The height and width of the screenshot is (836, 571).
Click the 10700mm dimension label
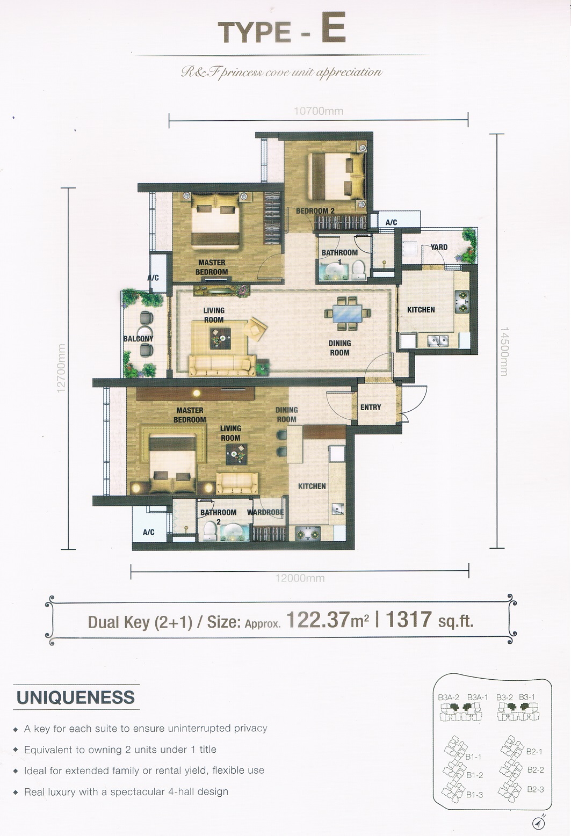[319, 111]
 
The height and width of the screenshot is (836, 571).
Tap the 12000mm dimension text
[300, 578]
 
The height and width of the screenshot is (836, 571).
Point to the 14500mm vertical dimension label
[504, 351]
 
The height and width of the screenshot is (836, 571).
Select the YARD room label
[439, 247]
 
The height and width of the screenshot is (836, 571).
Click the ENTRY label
[371, 407]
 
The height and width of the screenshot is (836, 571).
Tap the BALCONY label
[138, 338]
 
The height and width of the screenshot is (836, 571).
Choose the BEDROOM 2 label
[315, 211]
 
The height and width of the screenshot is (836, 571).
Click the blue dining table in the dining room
[348, 314]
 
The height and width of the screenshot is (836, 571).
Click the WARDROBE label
[265, 512]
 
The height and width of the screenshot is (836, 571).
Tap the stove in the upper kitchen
[462, 302]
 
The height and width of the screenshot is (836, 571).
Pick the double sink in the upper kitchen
[438, 340]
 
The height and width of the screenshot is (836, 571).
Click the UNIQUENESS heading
[76, 697]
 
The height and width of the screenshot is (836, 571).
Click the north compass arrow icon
[539, 822]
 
